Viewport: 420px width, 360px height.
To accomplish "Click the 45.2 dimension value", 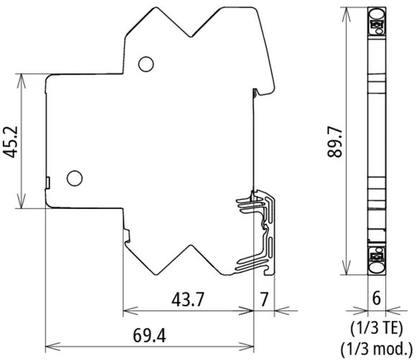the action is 11,142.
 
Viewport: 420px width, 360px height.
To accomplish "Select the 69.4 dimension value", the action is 150,336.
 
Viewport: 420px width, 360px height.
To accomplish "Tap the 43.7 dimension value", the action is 188,299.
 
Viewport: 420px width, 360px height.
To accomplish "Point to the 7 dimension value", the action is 264,300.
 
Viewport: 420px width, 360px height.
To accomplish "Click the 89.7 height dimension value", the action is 335,142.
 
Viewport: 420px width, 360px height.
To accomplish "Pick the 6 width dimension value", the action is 376,298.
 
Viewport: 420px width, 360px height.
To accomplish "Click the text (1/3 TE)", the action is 376,328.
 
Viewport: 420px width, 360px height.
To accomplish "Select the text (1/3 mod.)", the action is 376,349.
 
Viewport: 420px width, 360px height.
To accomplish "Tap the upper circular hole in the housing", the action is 146,64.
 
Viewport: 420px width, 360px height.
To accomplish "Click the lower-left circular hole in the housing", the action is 75,178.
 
